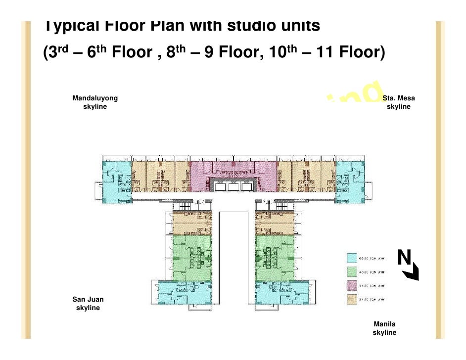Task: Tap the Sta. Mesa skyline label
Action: coord(398,102)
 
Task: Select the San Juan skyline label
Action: coord(88,304)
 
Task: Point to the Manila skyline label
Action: coord(384,328)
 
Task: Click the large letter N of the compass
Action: coord(404,257)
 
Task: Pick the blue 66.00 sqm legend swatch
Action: coord(351,258)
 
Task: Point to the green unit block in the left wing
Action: coord(192,257)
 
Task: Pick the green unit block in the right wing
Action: coord(275,257)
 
